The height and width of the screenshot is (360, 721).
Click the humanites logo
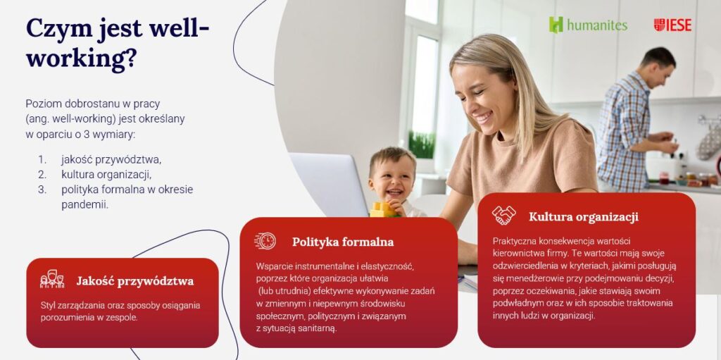click(x=588, y=25)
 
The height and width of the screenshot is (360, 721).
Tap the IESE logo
click(x=672, y=25)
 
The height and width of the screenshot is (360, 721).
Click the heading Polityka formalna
click(x=343, y=242)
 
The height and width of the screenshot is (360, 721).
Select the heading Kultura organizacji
click(x=584, y=216)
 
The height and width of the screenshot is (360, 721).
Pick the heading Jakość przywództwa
click(x=135, y=281)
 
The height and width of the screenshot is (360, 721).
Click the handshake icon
click(x=504, y=215)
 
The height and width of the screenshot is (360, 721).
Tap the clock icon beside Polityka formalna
click(x=265, y=241)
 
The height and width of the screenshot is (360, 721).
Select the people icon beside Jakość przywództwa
click(x=52, y=279)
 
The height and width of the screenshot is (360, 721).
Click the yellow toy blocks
click(x=383, y=209)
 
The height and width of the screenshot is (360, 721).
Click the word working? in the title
click(x=81, y=59)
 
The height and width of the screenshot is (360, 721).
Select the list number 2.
click(x=42, y=175)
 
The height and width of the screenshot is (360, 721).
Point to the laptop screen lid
click(x=330, y=183)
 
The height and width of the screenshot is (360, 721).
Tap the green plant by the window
click(x=421, y=145)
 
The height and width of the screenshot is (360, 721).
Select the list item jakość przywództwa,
click(x=111, y=160)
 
